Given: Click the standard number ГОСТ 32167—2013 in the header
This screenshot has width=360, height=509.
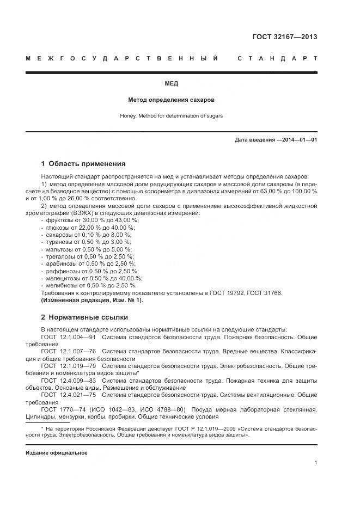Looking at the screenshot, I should [x=284, y=38].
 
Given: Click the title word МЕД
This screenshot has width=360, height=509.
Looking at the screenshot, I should [x=171, y=84].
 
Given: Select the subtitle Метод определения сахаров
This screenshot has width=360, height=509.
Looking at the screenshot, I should [x=171, y=100].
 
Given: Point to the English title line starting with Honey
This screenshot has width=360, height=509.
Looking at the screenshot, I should [x=171, y=115].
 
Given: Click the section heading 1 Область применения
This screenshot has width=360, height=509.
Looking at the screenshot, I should [x=83, y=163].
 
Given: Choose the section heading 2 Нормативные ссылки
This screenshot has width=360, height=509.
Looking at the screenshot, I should [x=84, y=317].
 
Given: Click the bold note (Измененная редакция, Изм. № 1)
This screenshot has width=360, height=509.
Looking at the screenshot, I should [x=91, y=300].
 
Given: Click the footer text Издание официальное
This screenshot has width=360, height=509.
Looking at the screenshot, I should [x=56, y=452].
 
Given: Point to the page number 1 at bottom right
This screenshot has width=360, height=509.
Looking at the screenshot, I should [x=315, y=463].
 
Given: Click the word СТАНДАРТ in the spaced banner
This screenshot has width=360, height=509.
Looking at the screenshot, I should [x=277, y=58].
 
